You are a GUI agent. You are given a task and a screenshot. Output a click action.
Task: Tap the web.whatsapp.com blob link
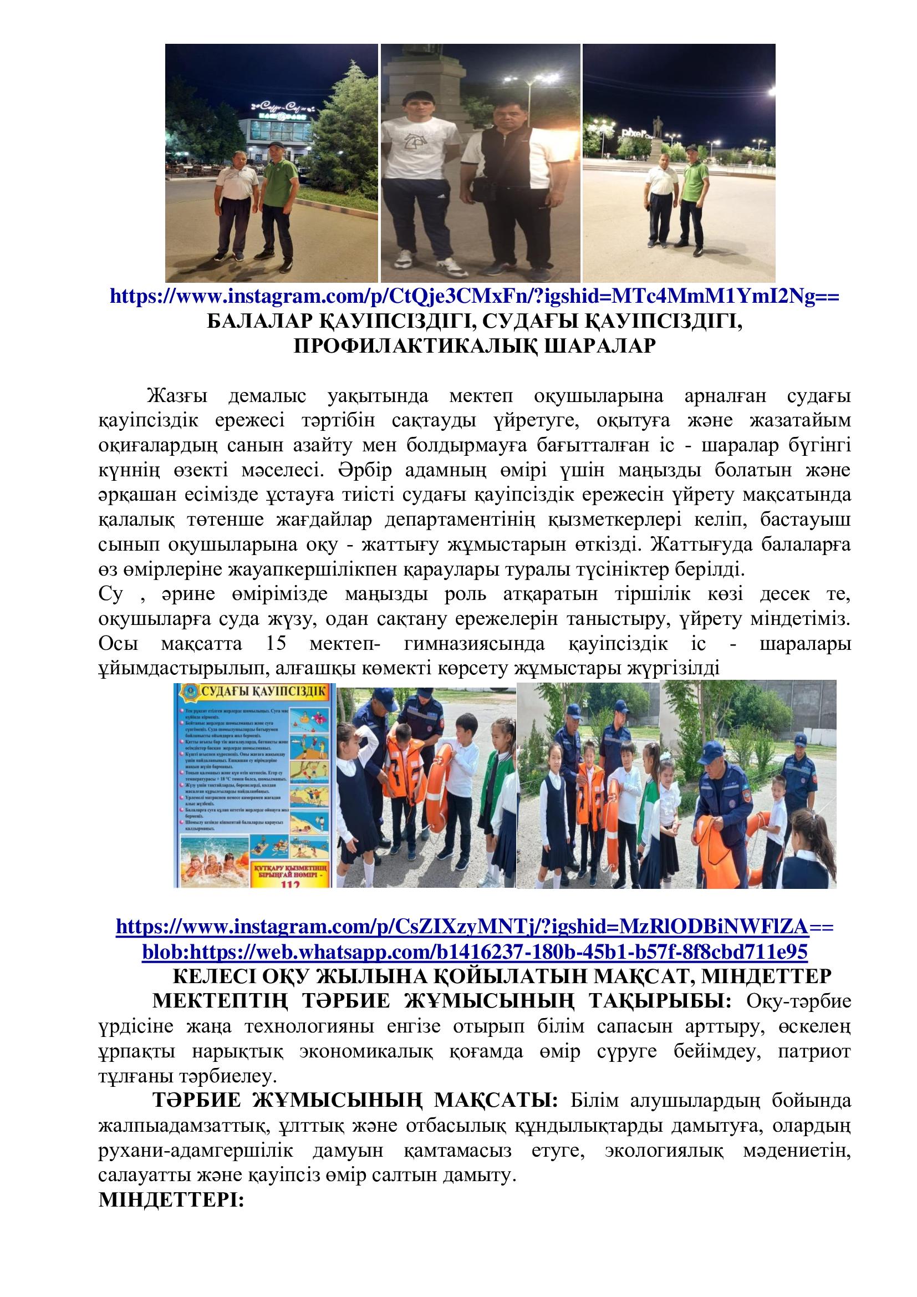tap(475, 952)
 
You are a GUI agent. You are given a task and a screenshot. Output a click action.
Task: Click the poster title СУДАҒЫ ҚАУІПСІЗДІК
tap(261, 692)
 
